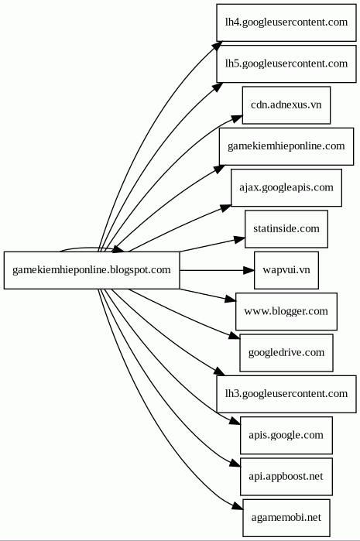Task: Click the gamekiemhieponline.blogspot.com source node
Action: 92,270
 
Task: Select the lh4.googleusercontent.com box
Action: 286,22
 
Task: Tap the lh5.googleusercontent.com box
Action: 286,63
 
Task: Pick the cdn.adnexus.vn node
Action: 286,105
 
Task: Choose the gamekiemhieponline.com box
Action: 286,146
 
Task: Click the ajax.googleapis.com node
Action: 286,188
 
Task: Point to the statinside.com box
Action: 286,229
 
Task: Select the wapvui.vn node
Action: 286,270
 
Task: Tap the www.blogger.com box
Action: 286,312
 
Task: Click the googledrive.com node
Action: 286,353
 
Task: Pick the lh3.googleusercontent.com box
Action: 286,394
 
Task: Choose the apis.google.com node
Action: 286,435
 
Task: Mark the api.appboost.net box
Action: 286,477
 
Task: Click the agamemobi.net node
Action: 286,518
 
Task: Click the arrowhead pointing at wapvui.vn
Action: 249,270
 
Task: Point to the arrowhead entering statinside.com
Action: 239,239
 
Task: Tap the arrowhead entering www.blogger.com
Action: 231,300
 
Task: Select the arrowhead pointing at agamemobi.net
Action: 238,506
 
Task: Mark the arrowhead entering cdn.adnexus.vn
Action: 237,118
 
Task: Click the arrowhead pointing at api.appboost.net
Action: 235,464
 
